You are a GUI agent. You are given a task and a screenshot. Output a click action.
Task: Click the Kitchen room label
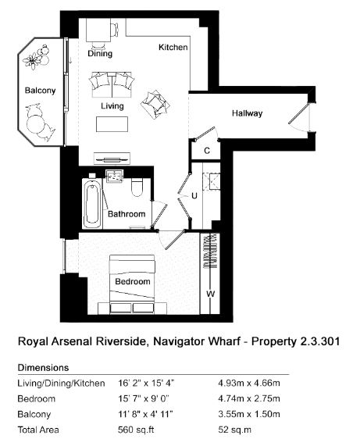(173, 47)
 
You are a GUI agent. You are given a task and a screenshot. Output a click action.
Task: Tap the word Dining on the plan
(100, 54)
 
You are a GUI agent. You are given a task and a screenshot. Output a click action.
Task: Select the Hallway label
(247, 113)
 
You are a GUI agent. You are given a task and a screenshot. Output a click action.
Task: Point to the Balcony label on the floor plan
(40, 91)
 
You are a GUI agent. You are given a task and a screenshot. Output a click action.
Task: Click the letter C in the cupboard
(207, 151)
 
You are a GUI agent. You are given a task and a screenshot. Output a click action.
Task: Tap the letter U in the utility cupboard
(194, 196)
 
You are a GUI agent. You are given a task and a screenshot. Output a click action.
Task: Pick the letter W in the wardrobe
(210, 294)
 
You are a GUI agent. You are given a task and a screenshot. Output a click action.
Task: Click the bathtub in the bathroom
(92, 204)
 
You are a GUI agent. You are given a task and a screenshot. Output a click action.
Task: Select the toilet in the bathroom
(137, 187)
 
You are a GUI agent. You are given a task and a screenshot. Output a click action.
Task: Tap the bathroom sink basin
(114, 177)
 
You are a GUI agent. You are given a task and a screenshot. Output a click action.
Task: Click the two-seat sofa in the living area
(112, 85)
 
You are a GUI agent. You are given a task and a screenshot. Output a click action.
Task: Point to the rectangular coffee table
(112, 124)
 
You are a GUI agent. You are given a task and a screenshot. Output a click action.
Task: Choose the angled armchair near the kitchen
(155, 105)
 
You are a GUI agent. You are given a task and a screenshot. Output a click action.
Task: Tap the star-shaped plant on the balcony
(32, 61)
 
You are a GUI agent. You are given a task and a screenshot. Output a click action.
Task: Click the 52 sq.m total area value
(234, 430)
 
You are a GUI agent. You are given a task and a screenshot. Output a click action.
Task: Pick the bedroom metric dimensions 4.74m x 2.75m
(249, 398)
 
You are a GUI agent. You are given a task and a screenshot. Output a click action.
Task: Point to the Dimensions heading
(43, 367)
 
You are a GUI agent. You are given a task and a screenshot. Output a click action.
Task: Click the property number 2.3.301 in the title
(320, 341)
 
